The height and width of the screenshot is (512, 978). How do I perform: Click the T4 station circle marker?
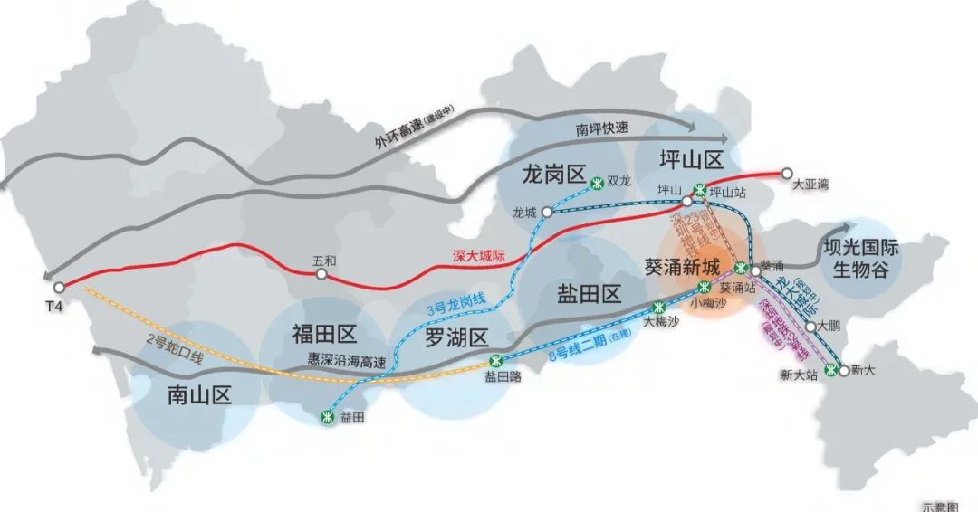[59, 287]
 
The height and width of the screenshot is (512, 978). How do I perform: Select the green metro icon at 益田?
[327, 416]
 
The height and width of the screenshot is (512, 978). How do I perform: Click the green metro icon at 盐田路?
[494, 361]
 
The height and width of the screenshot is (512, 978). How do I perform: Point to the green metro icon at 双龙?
[597, 184]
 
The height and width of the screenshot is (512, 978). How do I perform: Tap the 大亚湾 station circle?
[786, 173]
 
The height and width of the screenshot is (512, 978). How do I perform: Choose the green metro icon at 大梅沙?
[659, 307]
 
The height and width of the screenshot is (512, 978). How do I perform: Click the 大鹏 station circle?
[810, 325]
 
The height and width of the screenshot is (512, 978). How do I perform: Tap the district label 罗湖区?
[456, 337]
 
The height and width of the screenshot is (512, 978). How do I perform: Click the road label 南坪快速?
[601, 129]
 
